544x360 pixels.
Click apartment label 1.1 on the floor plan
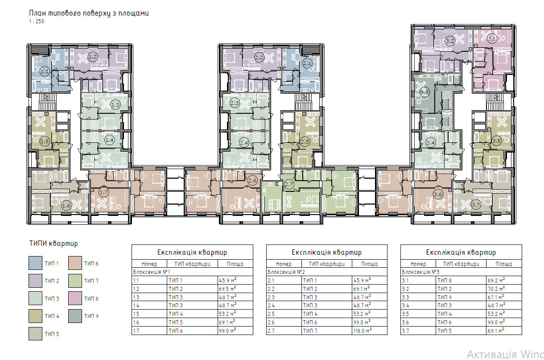[45, 71]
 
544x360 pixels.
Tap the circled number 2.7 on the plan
[289, 184]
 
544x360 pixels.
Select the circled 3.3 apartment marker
[424, 92]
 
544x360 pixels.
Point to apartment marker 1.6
[66, 206]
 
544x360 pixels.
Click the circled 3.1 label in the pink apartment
[492, 38]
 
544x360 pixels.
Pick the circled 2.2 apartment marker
[259, 58]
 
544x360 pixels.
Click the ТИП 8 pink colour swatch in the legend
[75, 298]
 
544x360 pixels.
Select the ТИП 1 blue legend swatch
[36, 263]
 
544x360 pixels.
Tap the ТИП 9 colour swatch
[75, 316]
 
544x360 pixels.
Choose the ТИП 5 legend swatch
[36, 334]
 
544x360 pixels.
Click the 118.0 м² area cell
[363, 331]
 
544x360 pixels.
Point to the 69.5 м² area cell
[227, 289]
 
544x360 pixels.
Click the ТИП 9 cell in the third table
[445, 297]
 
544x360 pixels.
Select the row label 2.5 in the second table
[271, 314]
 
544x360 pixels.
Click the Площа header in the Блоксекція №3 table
[504, 264]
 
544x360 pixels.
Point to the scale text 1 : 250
[37, 21]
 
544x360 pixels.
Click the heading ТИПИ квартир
[54, 244]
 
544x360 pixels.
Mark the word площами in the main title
[133, 13]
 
